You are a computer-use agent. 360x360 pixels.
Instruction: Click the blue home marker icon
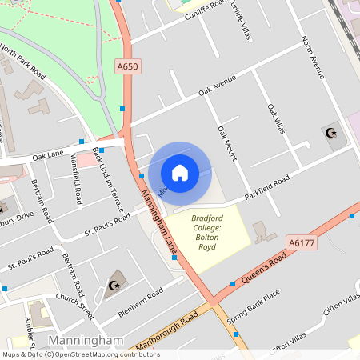(x=179, y=173)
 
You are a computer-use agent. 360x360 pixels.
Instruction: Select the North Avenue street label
(x=313, y=56)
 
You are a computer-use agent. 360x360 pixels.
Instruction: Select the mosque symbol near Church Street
(x=114, y=286)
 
